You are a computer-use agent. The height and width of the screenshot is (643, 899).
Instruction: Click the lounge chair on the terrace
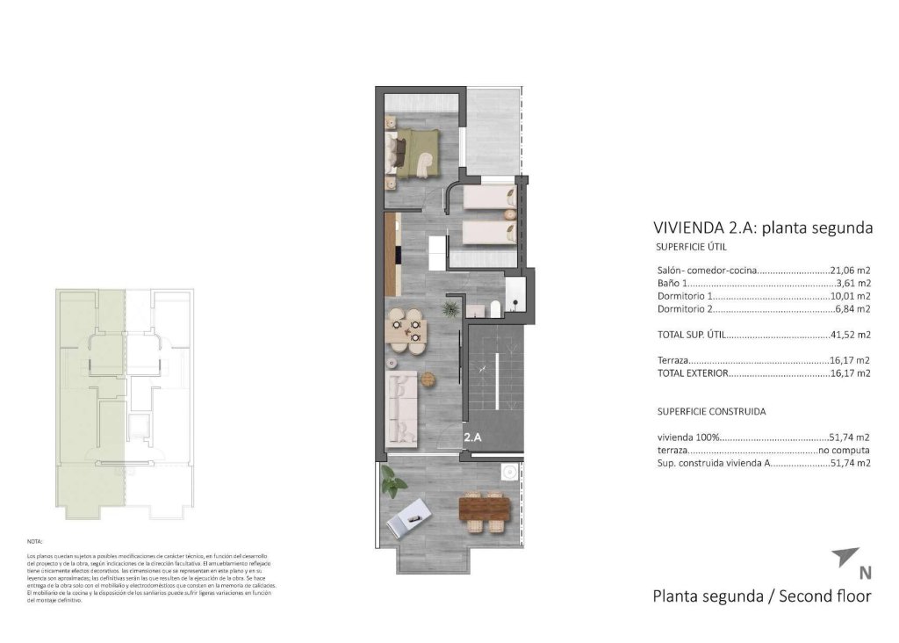point(408,517)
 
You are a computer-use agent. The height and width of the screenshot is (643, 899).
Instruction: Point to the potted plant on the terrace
point(392,480)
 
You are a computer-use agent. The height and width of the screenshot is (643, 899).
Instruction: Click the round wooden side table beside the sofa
point(428,379)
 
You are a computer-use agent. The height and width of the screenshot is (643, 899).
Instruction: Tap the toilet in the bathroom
point(495,307)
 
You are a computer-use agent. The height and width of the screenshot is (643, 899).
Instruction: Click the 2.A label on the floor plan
point(475,435)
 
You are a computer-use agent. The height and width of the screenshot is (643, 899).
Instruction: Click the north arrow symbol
point(845,556)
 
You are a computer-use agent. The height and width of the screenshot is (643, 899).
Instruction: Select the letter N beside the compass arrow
point(866,574)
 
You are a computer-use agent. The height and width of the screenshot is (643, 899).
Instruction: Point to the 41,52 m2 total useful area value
point(850,335)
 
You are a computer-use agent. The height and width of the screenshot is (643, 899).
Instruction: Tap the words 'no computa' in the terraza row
point(844,449)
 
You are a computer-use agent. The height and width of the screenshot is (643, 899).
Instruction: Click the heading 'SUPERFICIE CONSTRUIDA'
point(711,411)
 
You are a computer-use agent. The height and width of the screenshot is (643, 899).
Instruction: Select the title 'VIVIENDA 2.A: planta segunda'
point(763,228)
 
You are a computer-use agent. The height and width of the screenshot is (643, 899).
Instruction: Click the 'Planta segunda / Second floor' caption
point(761,596)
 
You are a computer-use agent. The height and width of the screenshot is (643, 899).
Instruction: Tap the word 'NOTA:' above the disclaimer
point(35,543)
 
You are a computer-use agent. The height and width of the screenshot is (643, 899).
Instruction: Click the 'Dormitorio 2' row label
point(686,309)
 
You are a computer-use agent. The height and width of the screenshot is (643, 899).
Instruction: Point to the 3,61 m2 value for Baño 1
point(852,284)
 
